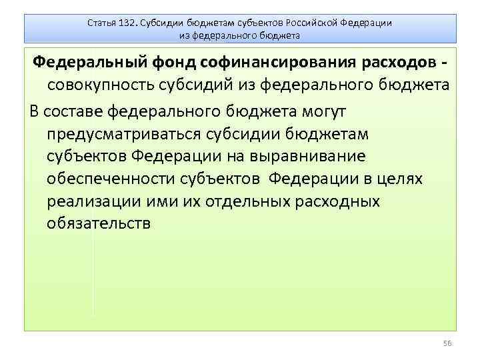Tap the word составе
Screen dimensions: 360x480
(x=79, y=110)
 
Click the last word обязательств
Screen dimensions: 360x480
(x=99, y=223)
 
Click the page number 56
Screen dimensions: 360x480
(x=447, y=343)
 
